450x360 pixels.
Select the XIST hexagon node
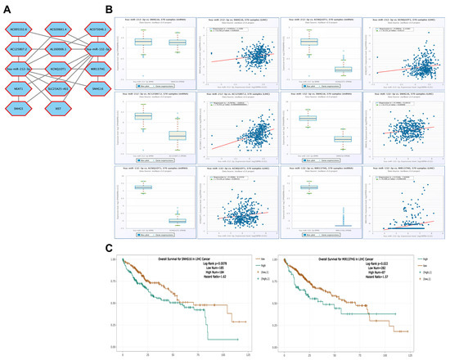[58, 107]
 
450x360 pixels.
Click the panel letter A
[6, 6]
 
